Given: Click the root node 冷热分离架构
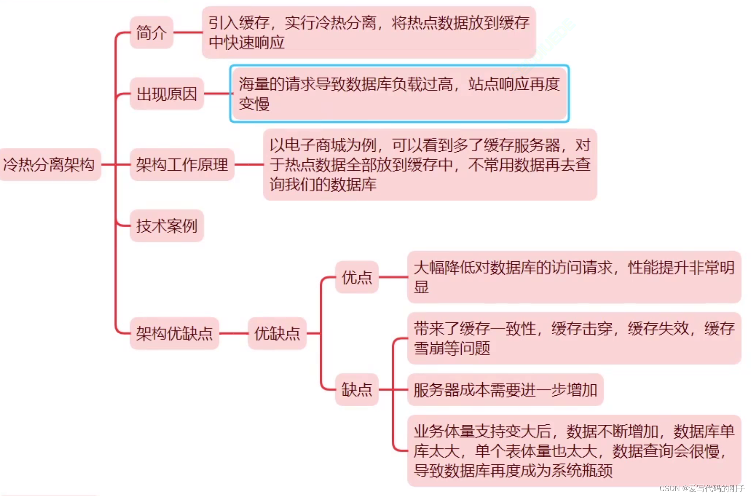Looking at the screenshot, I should click(49, 165).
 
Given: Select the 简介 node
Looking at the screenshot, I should click(151, 33).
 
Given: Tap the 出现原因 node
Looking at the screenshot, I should click(166, 94).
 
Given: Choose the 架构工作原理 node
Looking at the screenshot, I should click(182, 165).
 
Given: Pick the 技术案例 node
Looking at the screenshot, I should click(166, 226).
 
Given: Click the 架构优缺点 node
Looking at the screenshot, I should click(174, 333).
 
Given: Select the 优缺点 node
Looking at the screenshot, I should click(277, 333).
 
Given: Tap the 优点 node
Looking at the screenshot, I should click(356, 278).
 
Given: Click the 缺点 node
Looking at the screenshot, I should click(356, 390).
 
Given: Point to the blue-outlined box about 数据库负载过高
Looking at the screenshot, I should click(399, 94).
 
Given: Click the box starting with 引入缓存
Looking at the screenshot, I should click(369, 32).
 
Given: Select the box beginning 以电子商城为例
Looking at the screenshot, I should click(430, 165).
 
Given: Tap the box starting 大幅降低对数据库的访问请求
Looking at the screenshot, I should click(574, 277).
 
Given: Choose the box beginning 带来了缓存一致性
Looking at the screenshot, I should click(574, 338).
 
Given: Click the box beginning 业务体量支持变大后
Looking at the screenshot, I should click(574, 451).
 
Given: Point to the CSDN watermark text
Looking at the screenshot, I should click(702, 488).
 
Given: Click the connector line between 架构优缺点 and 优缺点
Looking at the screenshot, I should click(233, 333).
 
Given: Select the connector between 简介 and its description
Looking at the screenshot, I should click(188, 32).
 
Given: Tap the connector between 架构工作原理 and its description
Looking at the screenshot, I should click(249, 165).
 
